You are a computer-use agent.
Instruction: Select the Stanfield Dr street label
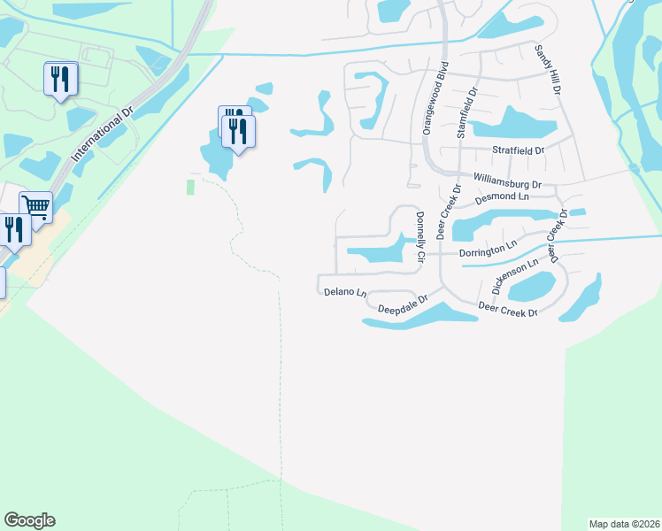[x=466, y=112]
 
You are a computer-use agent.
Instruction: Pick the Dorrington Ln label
[x=488, y=251]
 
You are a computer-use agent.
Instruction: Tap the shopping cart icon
[x=36, y=206]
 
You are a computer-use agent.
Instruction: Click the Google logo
[x=29, y=520]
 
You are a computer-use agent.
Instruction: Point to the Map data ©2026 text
[x=624, y=522]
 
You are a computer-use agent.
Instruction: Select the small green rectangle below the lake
[x=189, y=187]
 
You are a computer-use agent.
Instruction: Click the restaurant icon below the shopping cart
[x=13, y=230]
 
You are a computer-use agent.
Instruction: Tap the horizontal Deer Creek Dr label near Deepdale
[x=507, y=309]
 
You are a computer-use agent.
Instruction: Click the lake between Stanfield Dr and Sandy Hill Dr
[x=507, y=122]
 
